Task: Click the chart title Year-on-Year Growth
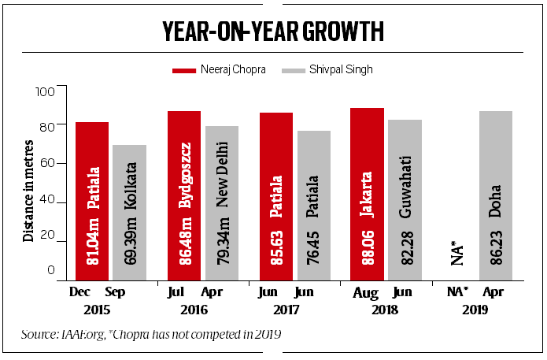pos(273,32)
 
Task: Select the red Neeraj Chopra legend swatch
pos(184,69)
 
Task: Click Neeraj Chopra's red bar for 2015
pos(92,201)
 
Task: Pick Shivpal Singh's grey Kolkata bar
pos(129,213)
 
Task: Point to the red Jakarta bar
pos(366,194)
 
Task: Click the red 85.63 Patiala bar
pos(275,196)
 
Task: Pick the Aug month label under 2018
pos(366,293)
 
